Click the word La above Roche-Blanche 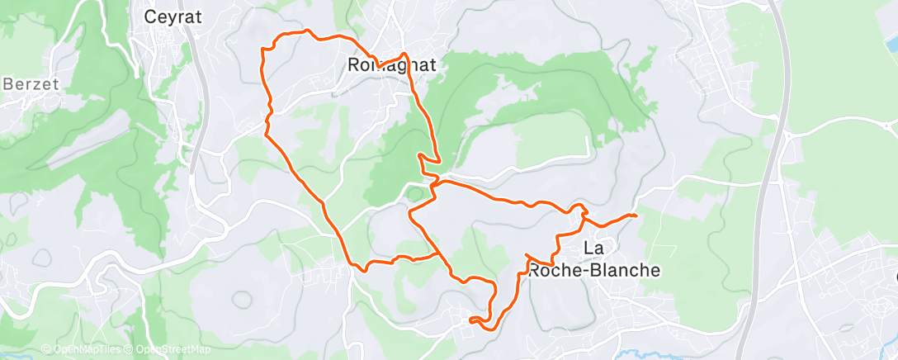pyautogui.click(x=593, y=248)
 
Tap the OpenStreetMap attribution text pyautogui.click(x=173, y=349)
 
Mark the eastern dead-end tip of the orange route pyautogui.click(x=636, y=216)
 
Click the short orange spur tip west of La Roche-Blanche pyautogui.click(x=527, y=255)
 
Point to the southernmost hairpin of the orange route pyautogui.click(x=470, y=319)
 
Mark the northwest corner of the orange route pyautogui.click(x=263, y=50)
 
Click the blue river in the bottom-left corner pyautogui.click(x=17, y=355)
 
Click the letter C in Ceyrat pyautogui.click(x=150, y=16)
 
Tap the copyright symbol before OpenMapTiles pyautogui.click(x=45, y=349)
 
